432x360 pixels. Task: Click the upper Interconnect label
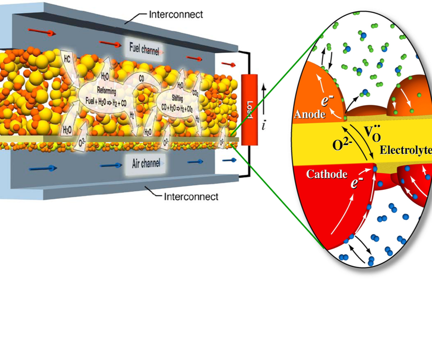[176, 15]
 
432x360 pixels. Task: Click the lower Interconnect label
[191, 197]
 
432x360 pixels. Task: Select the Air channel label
[145, 164]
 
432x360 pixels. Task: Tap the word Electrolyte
[405, 150]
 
